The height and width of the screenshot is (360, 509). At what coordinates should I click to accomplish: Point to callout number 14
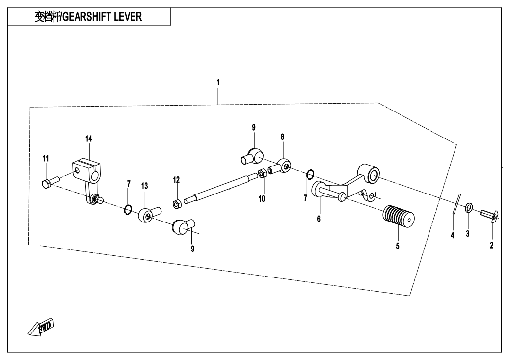click(89, 139)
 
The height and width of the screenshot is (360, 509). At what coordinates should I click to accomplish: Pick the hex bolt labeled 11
click(49, 183)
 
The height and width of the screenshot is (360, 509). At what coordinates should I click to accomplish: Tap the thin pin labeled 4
click(455, 204)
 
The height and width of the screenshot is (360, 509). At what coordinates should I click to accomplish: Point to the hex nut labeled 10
click(262, 173)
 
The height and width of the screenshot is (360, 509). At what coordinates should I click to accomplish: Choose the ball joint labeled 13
click(146, 215)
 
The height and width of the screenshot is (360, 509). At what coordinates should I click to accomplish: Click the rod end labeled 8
click(285, 166)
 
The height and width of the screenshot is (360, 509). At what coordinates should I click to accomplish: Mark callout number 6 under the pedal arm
click(318, 219)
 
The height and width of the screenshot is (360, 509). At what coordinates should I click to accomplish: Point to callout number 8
click(282, 138)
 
